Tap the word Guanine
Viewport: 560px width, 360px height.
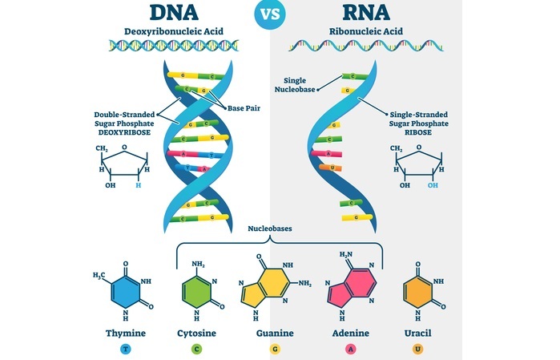[274, 331]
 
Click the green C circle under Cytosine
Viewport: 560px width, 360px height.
[196, 350]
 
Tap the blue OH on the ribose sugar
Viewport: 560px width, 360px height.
[433, 185]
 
